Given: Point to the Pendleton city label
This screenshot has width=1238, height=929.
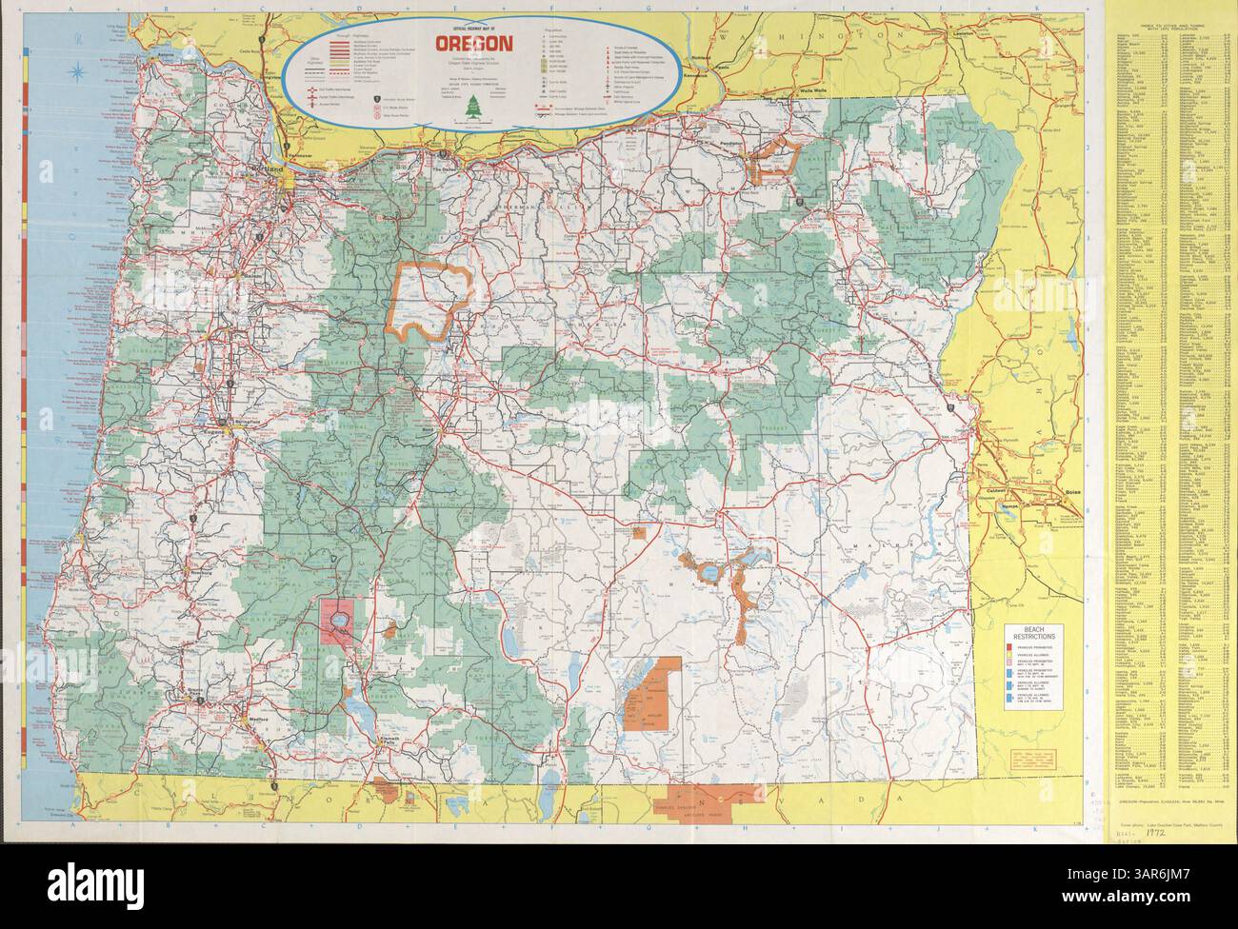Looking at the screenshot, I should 733,140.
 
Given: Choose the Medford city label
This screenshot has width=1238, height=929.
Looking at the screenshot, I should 254,720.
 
